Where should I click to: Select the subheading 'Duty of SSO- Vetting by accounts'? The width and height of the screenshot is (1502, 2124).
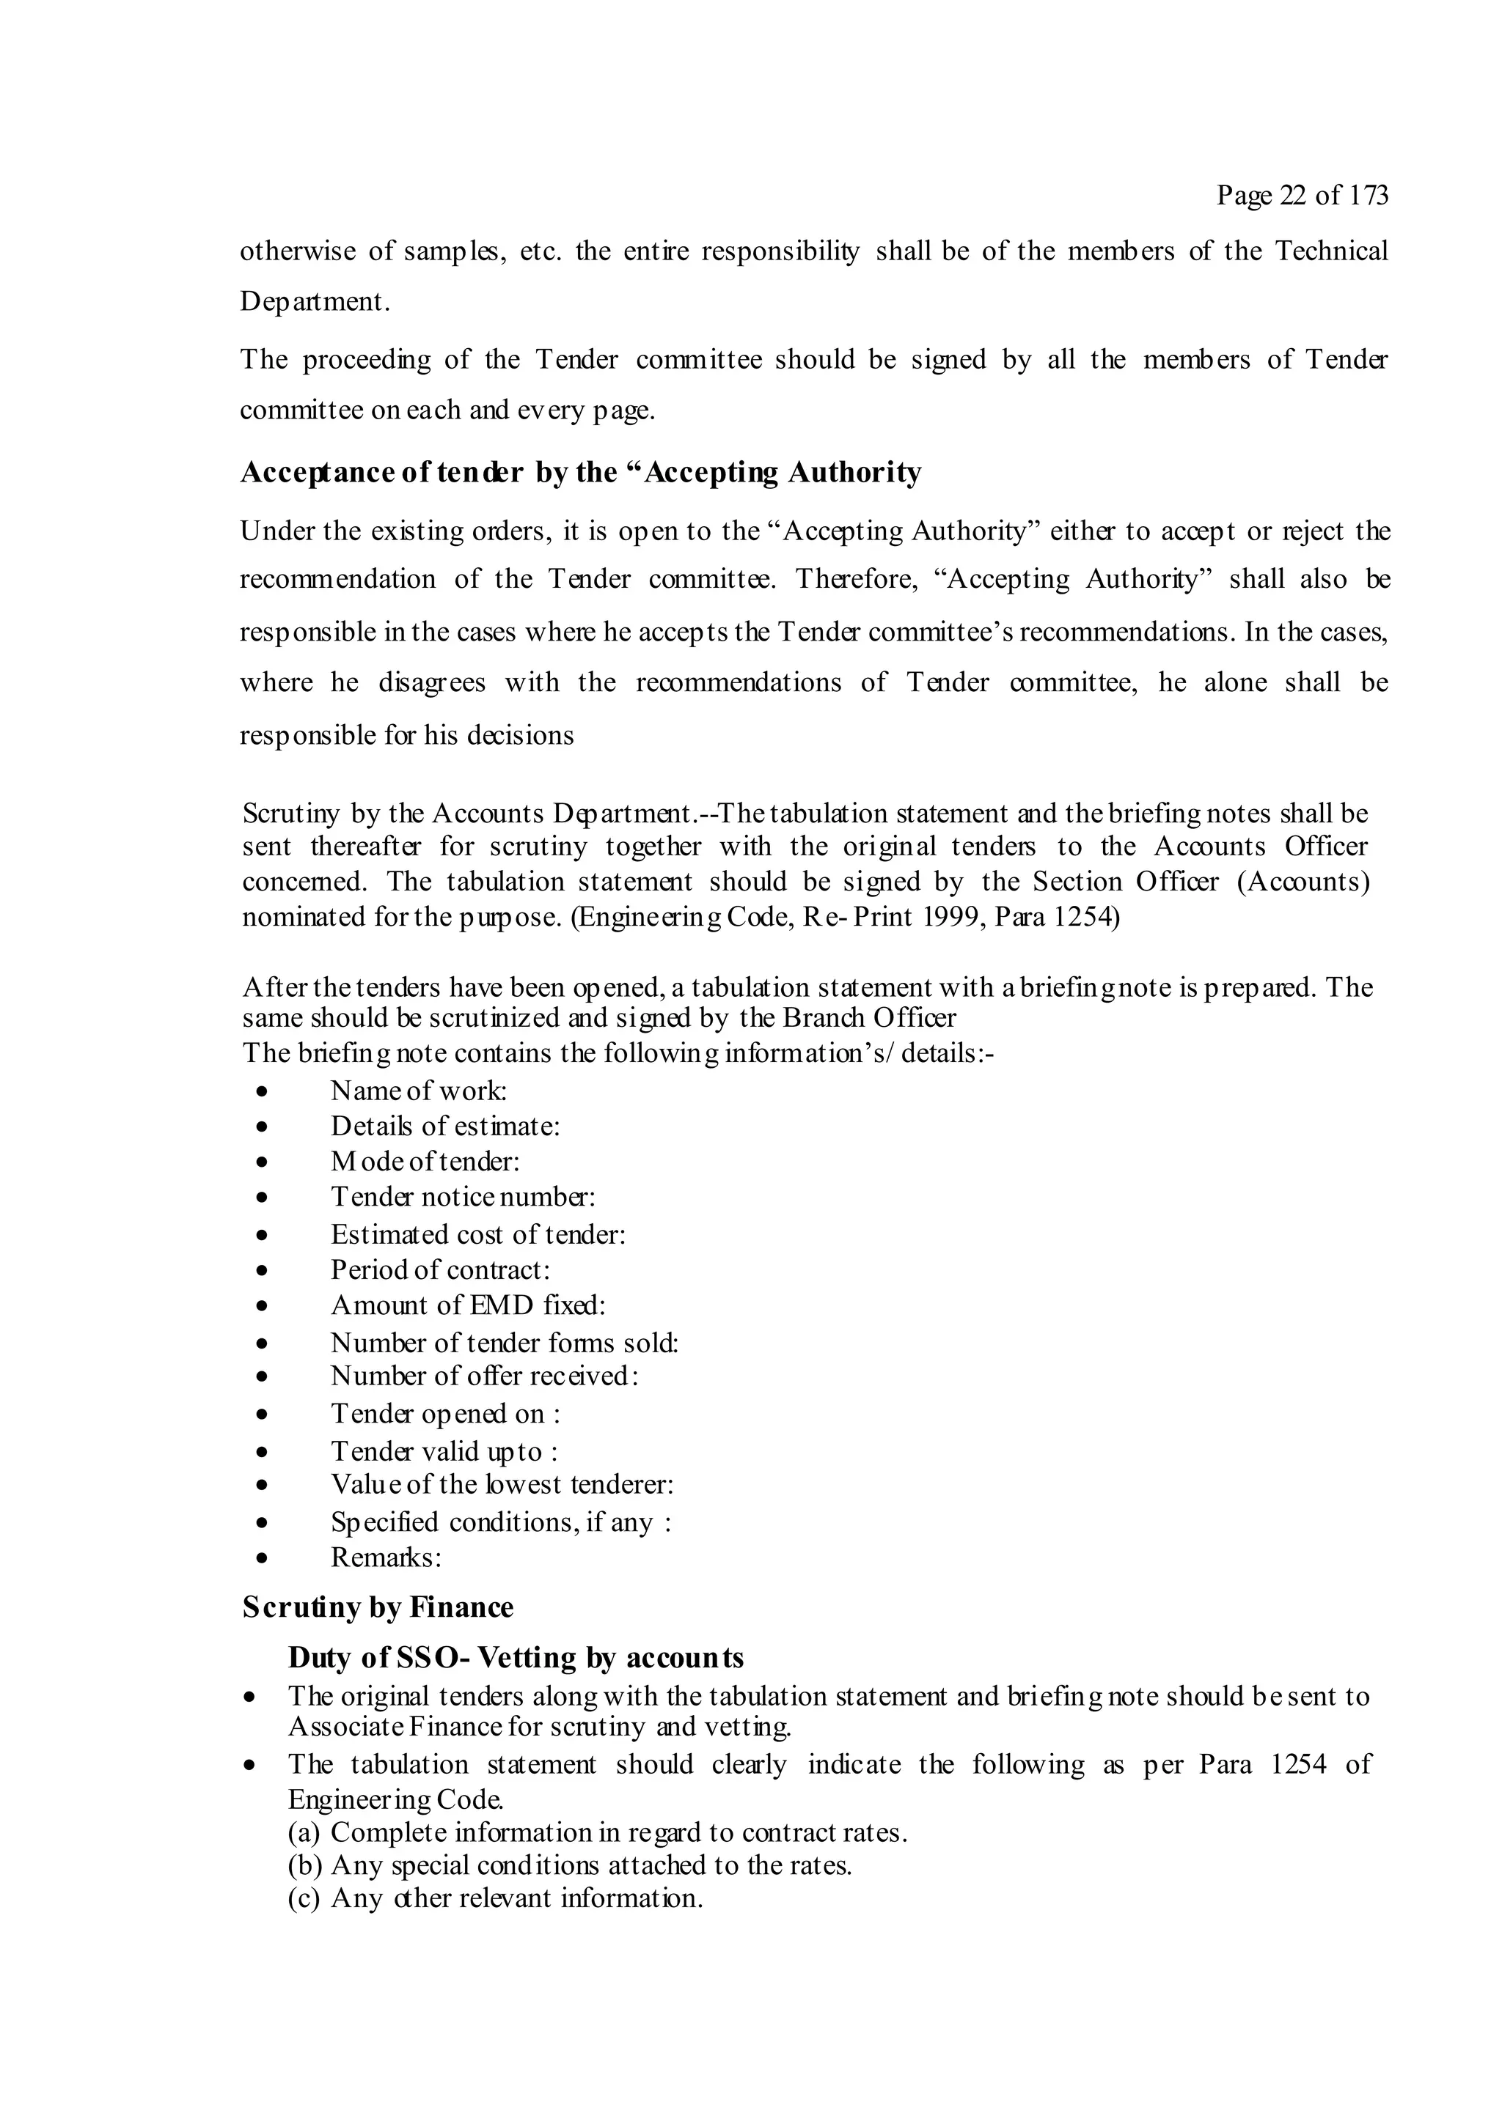point(516,1657)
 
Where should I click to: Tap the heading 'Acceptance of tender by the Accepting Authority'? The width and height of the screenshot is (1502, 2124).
point(580,473)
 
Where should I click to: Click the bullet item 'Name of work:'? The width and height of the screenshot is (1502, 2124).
point(418,1091)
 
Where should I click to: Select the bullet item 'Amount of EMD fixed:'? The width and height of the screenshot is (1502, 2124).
point(467,1305)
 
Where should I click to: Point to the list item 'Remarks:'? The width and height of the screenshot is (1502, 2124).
point(386,1558)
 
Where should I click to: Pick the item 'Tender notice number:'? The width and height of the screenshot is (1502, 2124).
point(463,1197)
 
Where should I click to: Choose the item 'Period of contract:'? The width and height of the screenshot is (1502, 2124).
point(441,1270)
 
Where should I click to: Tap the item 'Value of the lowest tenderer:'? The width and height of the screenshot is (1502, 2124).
point(502,1485)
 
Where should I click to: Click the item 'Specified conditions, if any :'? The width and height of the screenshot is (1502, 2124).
point(501,1523)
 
